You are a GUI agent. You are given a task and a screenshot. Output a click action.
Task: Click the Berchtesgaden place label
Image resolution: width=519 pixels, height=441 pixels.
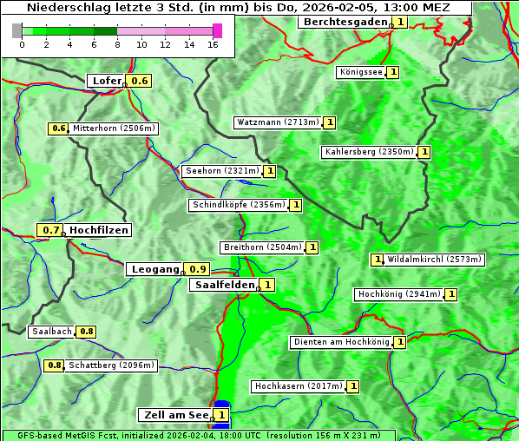(345, 22)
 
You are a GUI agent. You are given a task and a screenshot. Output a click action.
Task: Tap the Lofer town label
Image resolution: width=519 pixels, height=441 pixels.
(106, 81)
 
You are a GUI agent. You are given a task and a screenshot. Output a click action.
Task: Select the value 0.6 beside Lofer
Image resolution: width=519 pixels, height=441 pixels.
(140, 81)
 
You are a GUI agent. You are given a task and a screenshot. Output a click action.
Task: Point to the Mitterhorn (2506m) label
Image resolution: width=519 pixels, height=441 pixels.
(114, 128)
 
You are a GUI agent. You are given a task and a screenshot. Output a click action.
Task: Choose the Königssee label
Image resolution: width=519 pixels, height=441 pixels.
(361, 72)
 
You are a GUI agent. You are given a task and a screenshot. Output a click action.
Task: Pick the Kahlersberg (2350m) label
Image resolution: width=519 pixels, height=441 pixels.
(369, 152)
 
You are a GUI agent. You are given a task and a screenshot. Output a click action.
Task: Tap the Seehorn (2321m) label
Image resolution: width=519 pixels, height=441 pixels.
(222, 171)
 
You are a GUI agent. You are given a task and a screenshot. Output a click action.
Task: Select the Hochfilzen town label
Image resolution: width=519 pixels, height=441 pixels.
(99, 230)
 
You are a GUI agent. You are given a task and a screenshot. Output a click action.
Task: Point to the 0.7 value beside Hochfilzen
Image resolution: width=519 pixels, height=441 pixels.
(51, 230)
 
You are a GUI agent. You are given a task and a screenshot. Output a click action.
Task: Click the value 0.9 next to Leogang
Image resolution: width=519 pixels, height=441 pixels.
(198, 269)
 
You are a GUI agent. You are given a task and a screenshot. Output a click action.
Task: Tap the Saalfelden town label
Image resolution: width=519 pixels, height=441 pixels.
(224, 285)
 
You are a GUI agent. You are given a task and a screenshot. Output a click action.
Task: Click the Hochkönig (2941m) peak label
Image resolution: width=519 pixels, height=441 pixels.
(400, 294)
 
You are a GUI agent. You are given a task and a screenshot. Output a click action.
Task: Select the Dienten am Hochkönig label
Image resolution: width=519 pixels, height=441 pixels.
(341, 342)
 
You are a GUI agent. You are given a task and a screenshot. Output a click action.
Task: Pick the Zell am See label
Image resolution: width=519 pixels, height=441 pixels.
(174, 415)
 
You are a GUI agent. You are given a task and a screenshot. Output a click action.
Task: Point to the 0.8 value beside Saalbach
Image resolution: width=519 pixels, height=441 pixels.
(86, 332)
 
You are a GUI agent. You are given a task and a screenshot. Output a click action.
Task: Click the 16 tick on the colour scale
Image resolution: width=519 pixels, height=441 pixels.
(214, 44)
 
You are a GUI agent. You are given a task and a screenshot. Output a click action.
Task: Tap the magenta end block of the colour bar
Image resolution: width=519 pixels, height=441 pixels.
(218, 30)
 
